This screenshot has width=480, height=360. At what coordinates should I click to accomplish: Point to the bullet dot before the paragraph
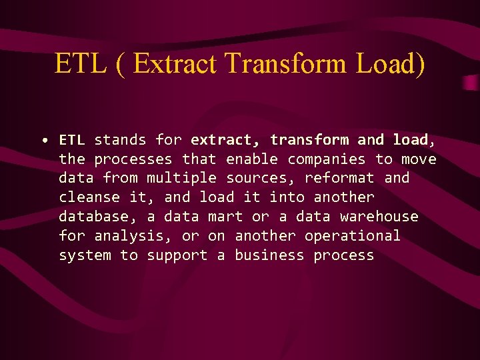[x=43, y=141]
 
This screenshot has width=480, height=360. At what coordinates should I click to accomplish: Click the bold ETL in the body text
[x=72, y=140]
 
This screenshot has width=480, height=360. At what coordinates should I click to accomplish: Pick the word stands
[x=120, y=140]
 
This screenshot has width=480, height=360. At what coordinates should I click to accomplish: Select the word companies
[x=327, y=159]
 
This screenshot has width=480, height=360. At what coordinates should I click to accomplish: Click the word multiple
[x=181, y=179]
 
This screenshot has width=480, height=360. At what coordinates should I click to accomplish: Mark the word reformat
[x=339, y=179]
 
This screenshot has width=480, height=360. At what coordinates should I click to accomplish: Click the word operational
[x=353, y=236]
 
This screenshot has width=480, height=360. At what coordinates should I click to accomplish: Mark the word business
[x=269, y=255]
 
